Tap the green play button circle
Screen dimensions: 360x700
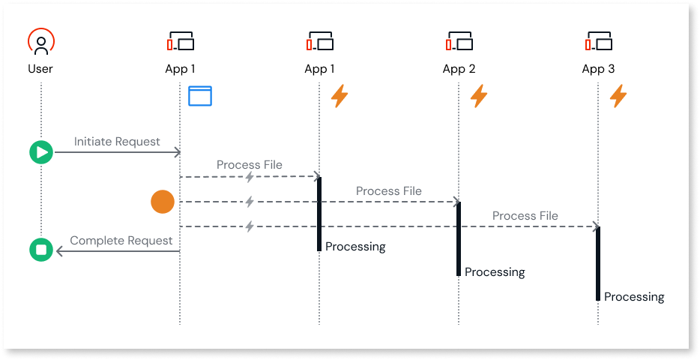pos(40,153)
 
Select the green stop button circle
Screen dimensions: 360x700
pos(40,250)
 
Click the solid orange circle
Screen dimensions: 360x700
pos(163,202)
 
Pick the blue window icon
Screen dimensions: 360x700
pos(200,96)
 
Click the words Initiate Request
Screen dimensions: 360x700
pos(117,142)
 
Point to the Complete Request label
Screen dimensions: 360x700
pos(121,241)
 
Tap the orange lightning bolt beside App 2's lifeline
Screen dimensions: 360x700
pos(478,96)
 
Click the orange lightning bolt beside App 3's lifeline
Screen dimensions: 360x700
pos(618,96)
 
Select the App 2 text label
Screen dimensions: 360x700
pos(459,69)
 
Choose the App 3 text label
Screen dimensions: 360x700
pos(598,69)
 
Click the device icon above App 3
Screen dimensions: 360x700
pos(598,40)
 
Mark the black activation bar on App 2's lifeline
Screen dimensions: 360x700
pos(459,238)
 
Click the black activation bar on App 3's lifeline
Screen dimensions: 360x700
pos(598,262)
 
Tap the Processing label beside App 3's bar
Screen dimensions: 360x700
pos(634,296)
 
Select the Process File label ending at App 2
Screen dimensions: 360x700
pos(388,191)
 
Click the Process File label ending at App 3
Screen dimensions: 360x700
pos(525,216)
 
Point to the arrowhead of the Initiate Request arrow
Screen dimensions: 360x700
pos(178,153)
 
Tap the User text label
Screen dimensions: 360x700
pos(40,69)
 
